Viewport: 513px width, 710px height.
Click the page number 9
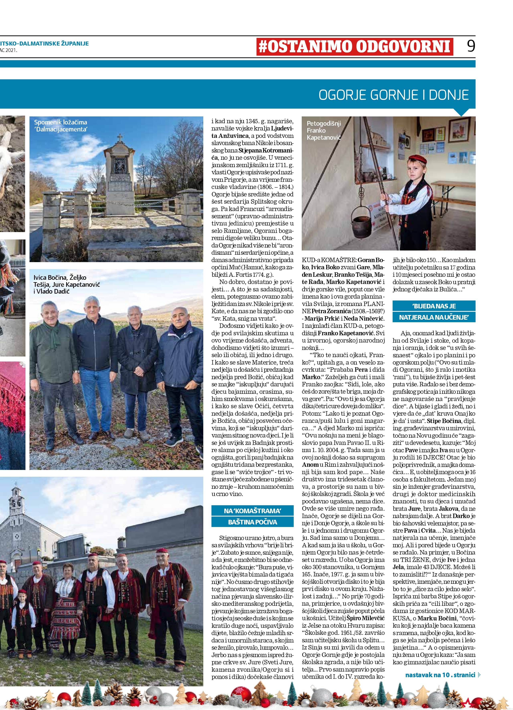point(471,46)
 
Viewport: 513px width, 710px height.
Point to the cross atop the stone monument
point(120,138)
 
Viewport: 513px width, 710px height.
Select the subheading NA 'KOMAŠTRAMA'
point(252,511)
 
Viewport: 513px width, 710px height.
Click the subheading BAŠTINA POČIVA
point(252,522)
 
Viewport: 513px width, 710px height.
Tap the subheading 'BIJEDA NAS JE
point(434,306)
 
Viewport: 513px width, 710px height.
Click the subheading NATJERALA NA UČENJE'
point(434,317)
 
